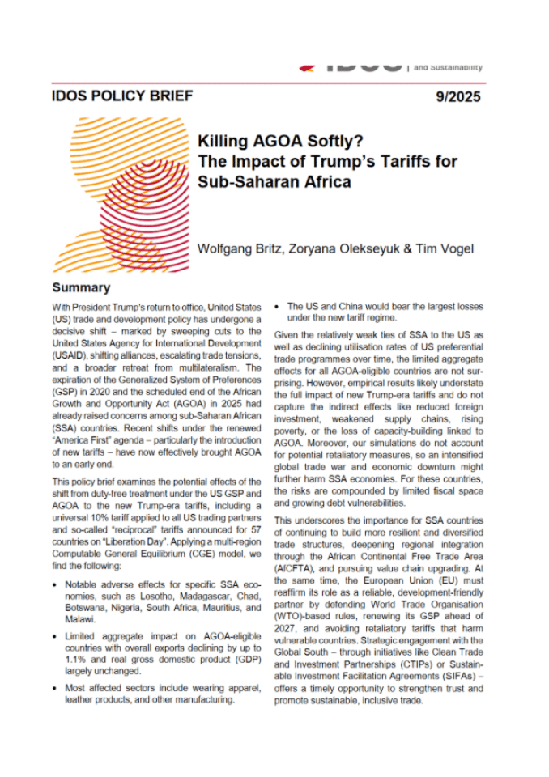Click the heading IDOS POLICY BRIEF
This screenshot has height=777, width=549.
[122, 96]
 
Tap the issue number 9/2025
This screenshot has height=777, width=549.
[457, 97]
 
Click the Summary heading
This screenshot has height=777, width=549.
[81, 287]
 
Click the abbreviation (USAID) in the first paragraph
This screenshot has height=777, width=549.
[74, 354]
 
